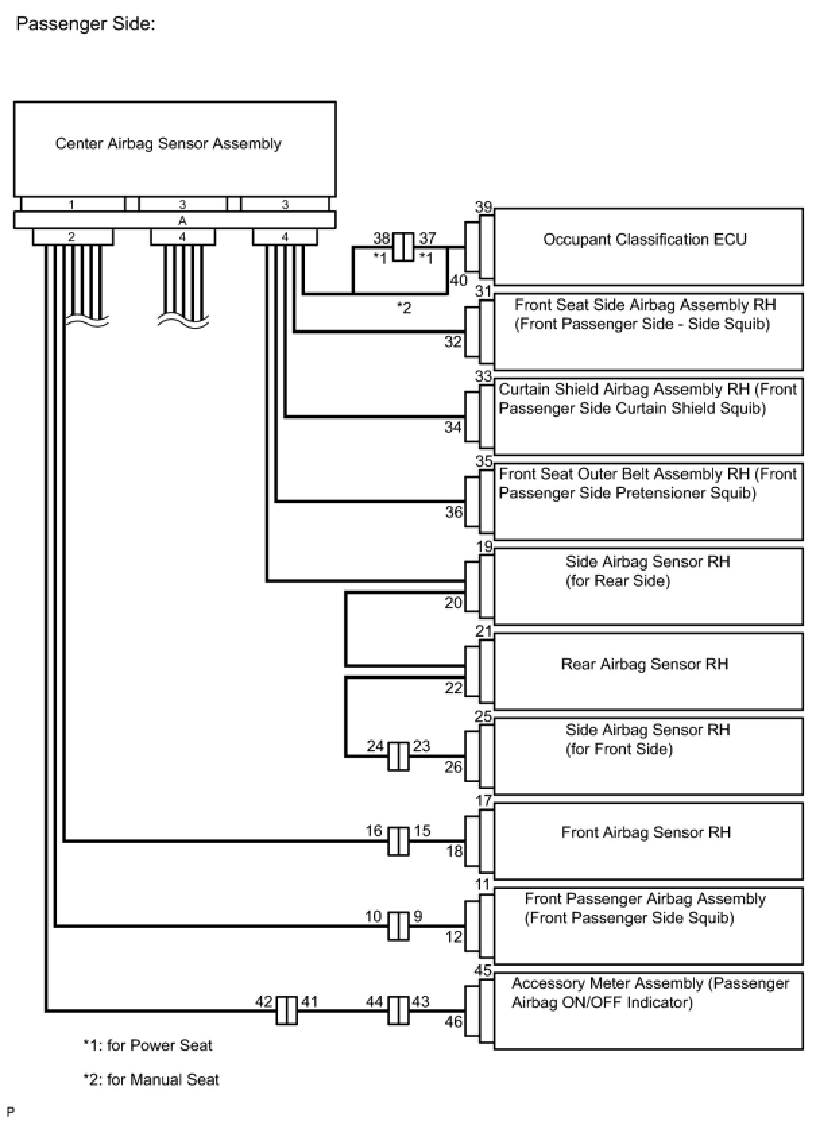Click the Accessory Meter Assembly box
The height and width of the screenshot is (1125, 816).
pos(647,1010)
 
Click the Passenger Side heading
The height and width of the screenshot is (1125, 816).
pos(86,24)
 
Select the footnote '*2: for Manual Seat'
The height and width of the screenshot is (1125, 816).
pos(151,1080)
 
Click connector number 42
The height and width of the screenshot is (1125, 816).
pos(264,1002)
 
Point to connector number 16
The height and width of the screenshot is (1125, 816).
pos(374,831)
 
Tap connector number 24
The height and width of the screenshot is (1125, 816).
pos(376,746)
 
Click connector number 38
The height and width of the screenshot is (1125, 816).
pos(382,238)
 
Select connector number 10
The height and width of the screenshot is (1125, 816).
pos(374,916)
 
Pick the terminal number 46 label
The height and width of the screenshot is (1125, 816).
pos(453,1022)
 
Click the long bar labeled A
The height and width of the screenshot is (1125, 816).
pos(175,221)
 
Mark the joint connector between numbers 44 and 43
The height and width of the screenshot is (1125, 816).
pos(399,1010)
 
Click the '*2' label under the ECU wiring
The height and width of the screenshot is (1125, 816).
pos(403,308)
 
